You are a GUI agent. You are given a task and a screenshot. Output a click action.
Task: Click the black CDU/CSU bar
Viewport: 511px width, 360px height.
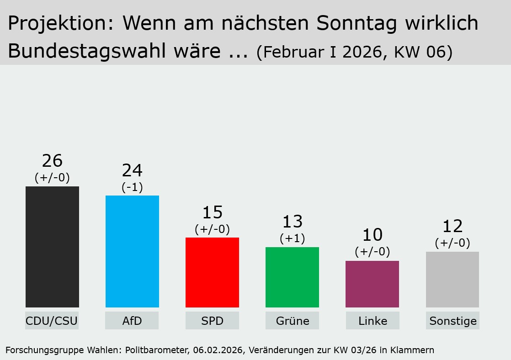(52, 247)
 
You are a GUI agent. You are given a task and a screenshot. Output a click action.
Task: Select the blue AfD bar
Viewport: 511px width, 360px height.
(132, 251)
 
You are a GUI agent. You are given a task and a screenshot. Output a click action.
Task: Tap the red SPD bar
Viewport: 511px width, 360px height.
(212, 272)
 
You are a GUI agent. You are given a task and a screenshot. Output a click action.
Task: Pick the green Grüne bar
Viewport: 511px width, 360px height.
(292, 277)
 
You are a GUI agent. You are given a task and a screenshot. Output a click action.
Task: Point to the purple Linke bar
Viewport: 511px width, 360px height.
(372, 284)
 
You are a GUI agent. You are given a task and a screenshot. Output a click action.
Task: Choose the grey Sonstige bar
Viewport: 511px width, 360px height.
(452, 279)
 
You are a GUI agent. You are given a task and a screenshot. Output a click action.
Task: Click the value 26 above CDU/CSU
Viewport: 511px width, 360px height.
(52, 161)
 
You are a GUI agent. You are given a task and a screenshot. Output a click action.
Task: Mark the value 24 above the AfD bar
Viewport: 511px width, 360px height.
(132, 170)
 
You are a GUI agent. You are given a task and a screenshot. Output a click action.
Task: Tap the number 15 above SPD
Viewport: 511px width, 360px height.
(212, 212)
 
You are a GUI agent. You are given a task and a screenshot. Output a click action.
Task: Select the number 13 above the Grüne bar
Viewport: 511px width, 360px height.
(292, 222)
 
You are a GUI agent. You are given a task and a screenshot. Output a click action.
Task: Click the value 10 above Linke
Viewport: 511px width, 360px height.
(372, 235)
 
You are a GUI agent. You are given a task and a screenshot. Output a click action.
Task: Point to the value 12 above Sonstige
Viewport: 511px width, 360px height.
(452, 226)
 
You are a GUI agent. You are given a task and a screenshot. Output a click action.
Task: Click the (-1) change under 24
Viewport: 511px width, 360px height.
(132, 187)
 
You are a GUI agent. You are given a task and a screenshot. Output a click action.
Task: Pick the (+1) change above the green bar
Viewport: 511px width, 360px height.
(292, 238)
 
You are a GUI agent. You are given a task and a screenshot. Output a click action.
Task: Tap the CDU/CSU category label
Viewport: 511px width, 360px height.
(52, 321)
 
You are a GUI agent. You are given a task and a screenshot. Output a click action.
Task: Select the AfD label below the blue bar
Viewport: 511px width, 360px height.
(132, 321)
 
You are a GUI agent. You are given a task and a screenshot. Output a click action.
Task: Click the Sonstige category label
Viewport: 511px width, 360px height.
(452, 321)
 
